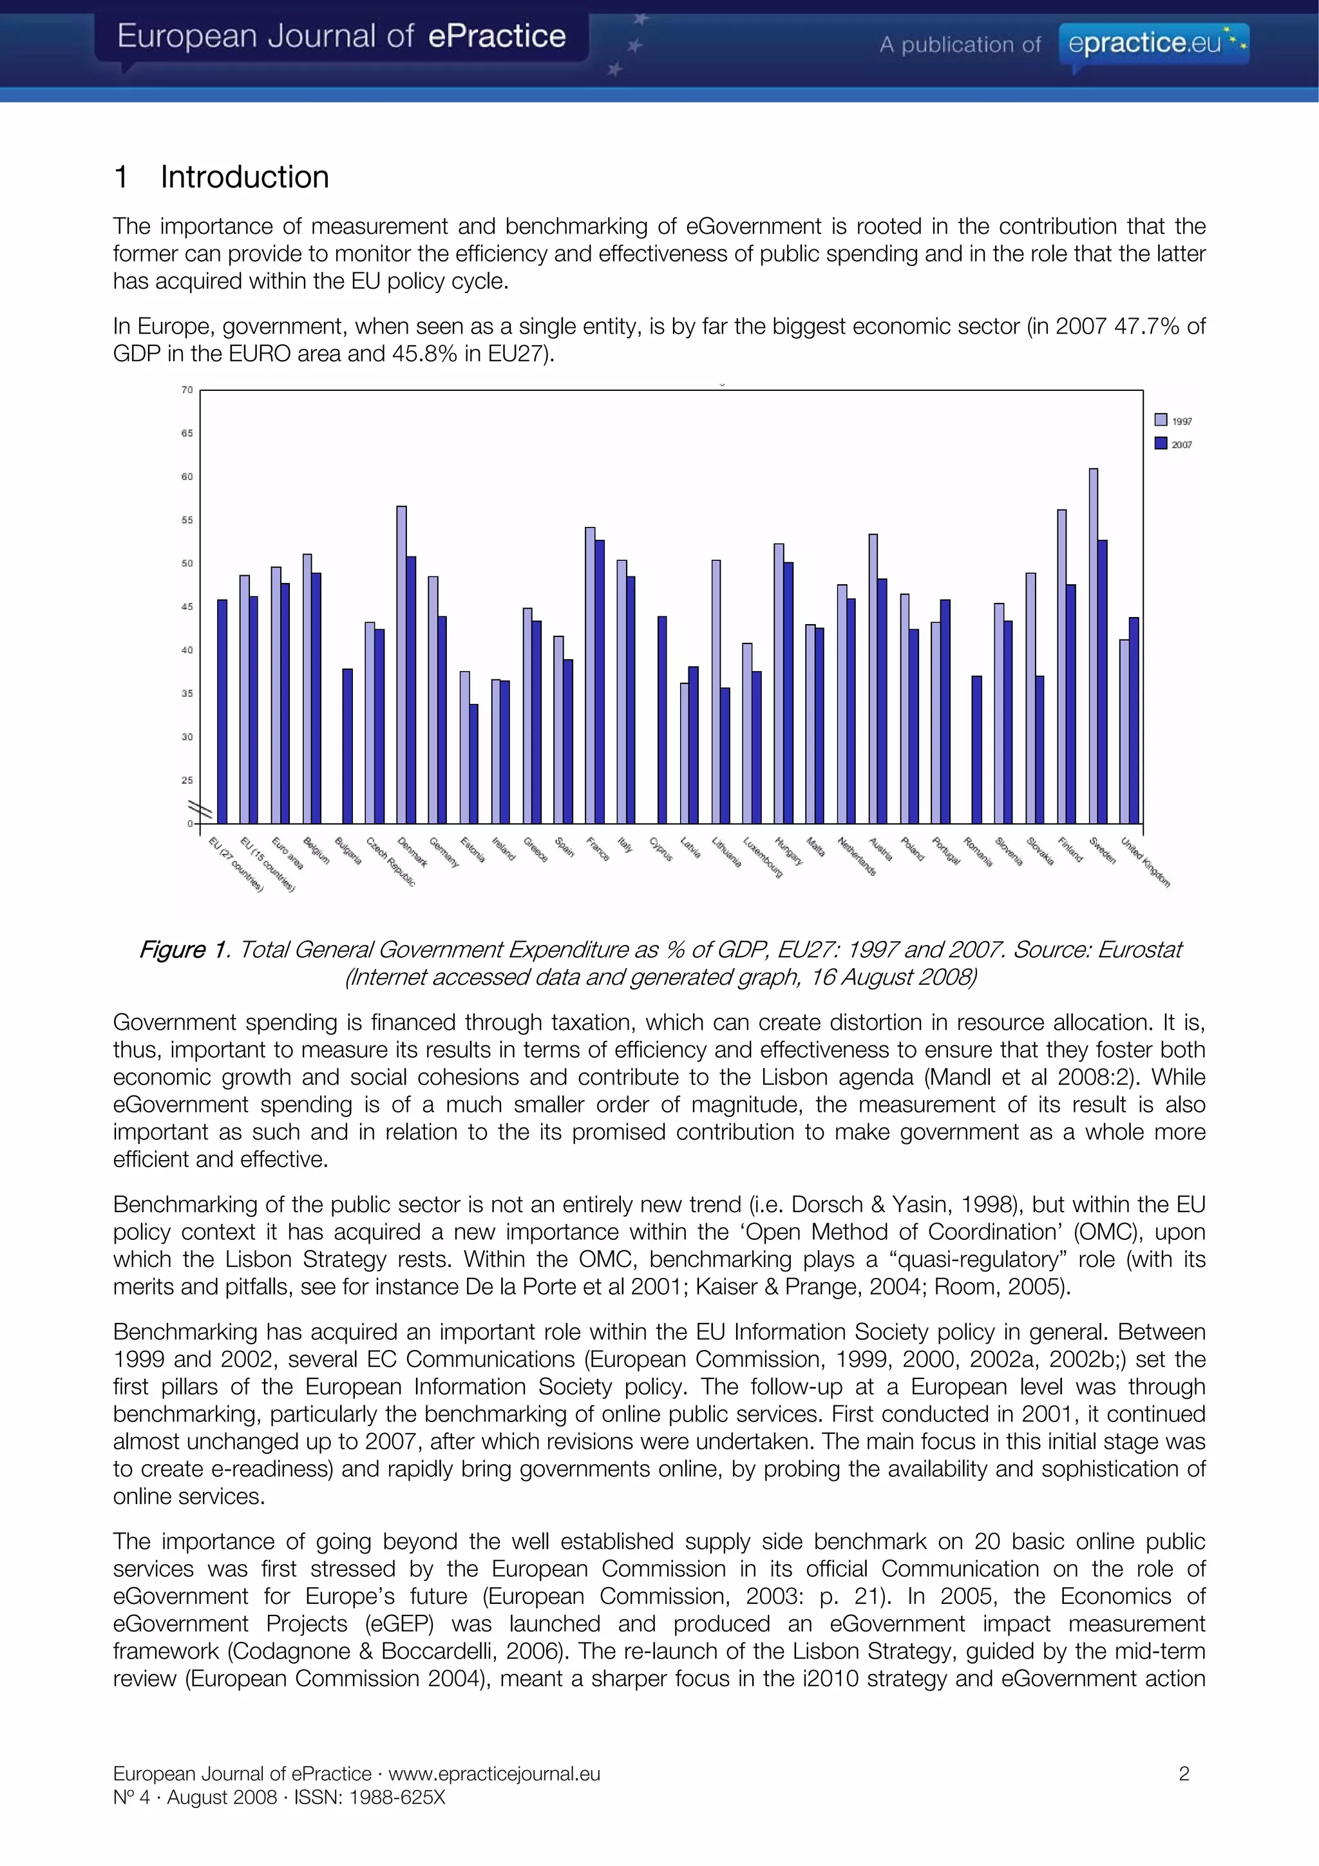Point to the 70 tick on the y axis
click(x=187, y=390)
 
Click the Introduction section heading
click(x=244, y=177)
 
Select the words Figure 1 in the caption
click(x=184, y=949)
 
